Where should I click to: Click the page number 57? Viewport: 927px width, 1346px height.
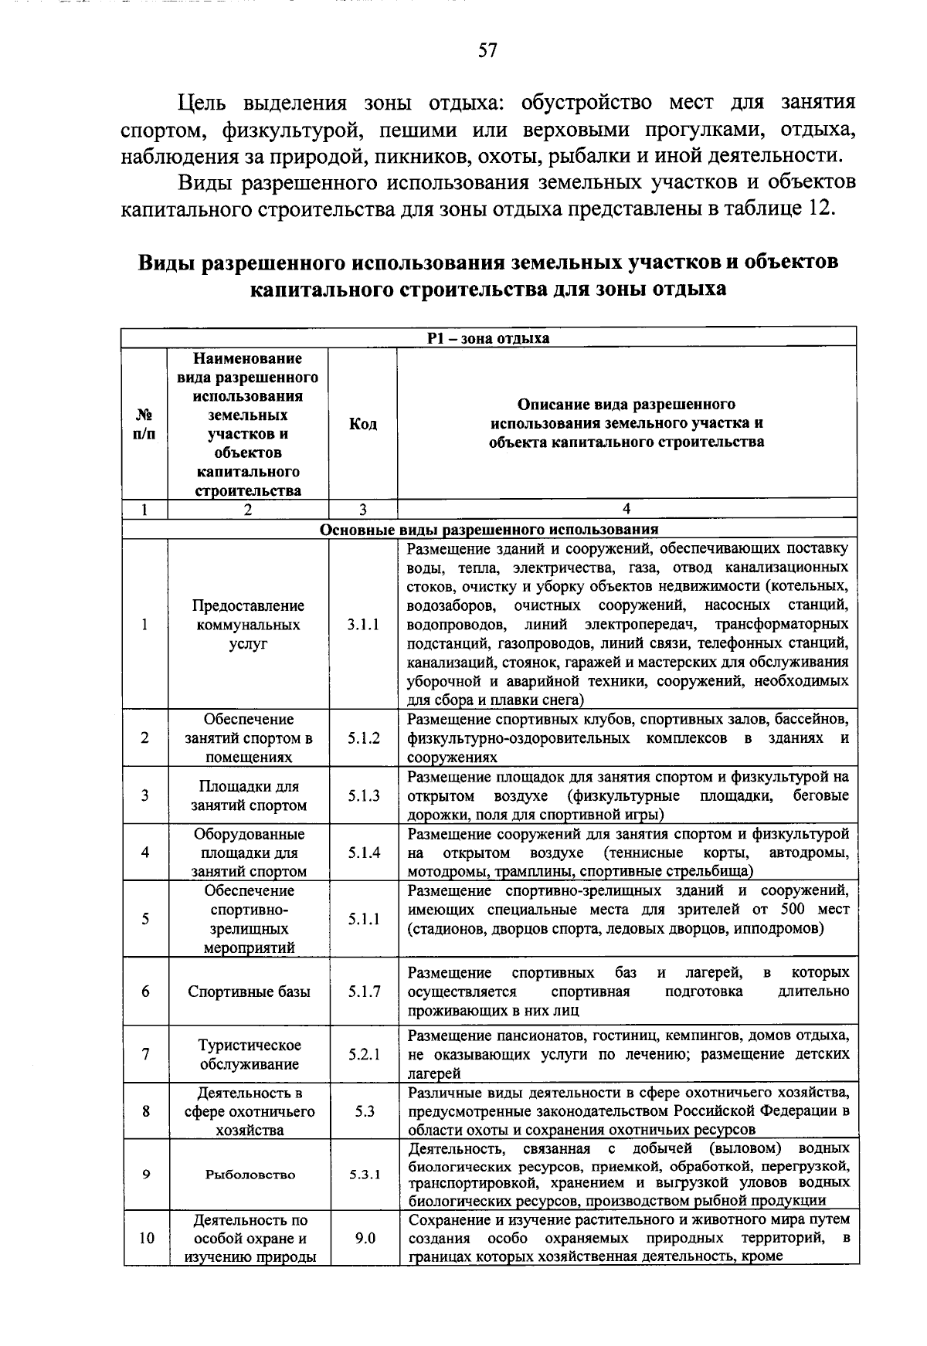point(487,52)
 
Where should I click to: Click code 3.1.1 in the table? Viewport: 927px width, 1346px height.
point(363,625)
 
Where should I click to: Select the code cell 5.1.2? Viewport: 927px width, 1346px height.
point(363,737)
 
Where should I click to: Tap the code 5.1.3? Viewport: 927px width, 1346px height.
point(363,795)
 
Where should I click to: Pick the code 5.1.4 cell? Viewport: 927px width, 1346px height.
point(363,853)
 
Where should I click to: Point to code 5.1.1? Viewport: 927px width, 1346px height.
point(363,919)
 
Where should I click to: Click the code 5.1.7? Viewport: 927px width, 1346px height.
point(363,992)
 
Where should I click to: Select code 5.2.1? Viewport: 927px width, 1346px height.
point(363,1054)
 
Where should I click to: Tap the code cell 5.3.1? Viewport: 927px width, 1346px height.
point(363,1175)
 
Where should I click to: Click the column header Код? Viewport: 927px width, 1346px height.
point(363,423)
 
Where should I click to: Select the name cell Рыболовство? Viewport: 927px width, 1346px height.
point(250,1175)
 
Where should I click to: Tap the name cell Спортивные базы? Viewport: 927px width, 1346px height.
point(250,992)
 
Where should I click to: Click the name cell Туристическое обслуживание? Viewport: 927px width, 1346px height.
point(250,1055)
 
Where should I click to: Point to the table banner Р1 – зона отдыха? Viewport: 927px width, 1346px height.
point(489,337)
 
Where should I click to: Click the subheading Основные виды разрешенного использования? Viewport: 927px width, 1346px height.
point(489,529)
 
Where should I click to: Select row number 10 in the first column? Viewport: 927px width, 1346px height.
point(146,1238)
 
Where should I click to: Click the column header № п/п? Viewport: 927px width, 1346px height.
point(144,423)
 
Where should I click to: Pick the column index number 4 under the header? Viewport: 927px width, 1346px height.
point(626,509)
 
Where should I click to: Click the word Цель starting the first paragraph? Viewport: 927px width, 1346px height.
point(205,102)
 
